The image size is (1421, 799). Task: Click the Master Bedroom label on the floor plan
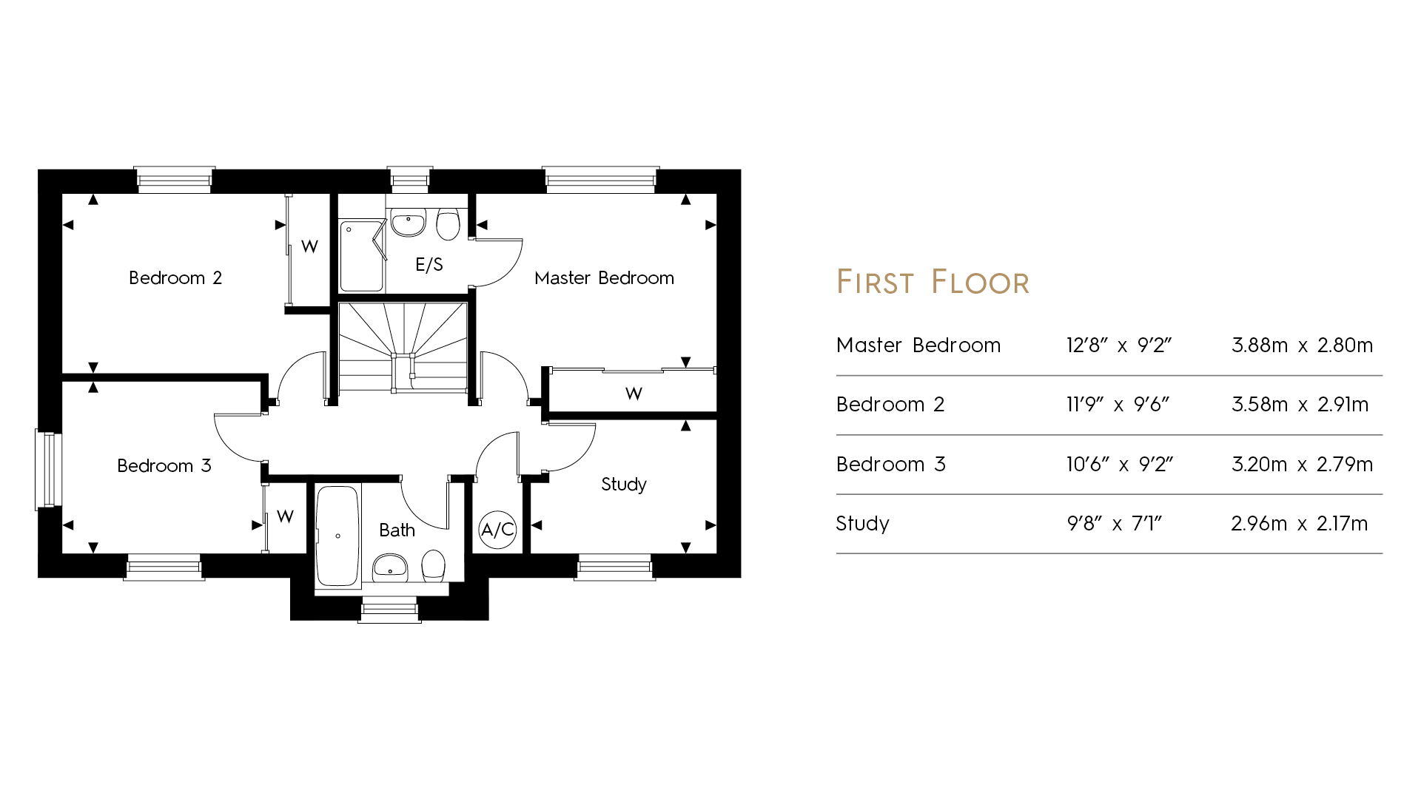pos(604,278)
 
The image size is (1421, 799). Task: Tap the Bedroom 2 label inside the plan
pos(175,278)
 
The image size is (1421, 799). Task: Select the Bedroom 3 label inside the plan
pos(164,466)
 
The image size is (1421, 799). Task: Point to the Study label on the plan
pos(624,485)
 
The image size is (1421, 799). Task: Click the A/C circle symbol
pos(497,530)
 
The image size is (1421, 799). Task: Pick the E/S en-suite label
pos(429,265)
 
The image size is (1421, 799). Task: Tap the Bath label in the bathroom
pos(397,530)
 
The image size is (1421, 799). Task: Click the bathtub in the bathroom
pos(337,536)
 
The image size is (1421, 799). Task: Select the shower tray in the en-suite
pos(363,256)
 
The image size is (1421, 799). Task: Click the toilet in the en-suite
pos(448,223)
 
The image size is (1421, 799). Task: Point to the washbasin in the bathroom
pos(390,567)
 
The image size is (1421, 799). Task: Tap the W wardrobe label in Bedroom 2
pos(310,246)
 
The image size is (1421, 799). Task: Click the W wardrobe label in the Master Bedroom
pos(634,394)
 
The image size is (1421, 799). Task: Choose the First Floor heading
pos(933,282)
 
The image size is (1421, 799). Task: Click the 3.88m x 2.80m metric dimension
pos(1302,345)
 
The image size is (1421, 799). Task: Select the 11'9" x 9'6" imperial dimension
pos(1118,405)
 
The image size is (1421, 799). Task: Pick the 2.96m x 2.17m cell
pos(1299,524)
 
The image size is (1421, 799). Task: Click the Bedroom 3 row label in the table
pos(891,465)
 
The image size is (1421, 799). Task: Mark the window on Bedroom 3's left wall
pos(47,470)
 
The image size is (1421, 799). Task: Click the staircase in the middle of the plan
pos(403,346)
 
